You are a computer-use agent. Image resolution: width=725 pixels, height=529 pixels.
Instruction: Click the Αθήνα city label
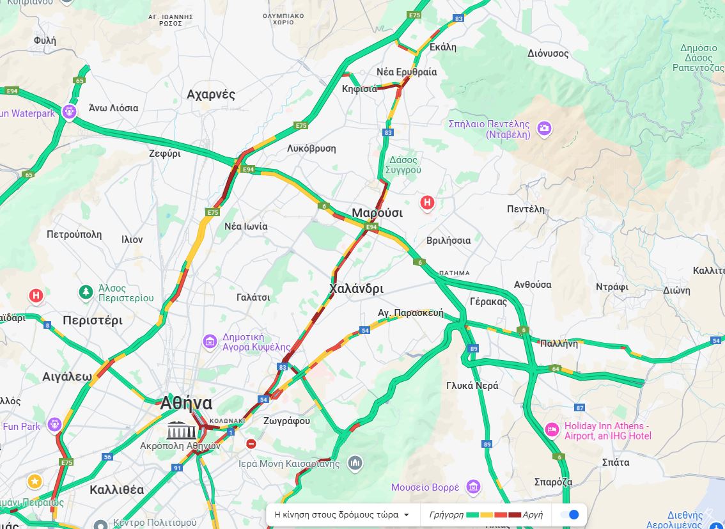point(186,403)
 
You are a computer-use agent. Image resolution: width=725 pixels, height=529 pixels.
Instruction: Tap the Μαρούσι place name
point(377,213)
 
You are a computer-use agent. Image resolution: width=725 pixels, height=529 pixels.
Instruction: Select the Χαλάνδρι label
point(357,288)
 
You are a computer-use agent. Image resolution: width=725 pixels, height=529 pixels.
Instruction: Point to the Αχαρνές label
point(211,95)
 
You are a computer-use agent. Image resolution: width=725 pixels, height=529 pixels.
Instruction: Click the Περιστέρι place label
point(93,320)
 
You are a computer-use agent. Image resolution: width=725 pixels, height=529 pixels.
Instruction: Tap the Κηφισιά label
point(359,89)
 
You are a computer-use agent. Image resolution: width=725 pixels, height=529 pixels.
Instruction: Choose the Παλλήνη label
point(559,343)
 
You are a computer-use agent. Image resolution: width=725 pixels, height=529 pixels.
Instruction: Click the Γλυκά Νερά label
point(472,386)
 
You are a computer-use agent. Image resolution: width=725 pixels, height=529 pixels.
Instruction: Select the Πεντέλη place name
point(526,209)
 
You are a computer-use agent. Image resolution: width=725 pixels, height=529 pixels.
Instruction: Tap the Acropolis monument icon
point(182,430)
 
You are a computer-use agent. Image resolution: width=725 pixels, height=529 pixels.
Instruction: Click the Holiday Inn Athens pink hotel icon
point(551,430)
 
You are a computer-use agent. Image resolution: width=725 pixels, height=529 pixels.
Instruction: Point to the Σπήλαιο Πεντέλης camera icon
point(544,129)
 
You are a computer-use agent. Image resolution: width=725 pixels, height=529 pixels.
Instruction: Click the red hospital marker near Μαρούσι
point(427,203)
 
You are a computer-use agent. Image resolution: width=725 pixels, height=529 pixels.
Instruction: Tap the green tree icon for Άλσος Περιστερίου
point(86,292)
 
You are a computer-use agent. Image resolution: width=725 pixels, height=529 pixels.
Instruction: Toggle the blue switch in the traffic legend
point(569,514)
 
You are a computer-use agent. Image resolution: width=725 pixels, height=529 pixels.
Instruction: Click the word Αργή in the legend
point(533,514)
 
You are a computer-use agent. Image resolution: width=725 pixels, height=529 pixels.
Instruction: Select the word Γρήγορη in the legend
point(446,514)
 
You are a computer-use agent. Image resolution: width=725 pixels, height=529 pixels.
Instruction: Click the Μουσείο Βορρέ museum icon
point(472,487)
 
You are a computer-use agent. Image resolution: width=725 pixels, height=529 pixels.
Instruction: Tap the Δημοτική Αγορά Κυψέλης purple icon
point(210,342)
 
